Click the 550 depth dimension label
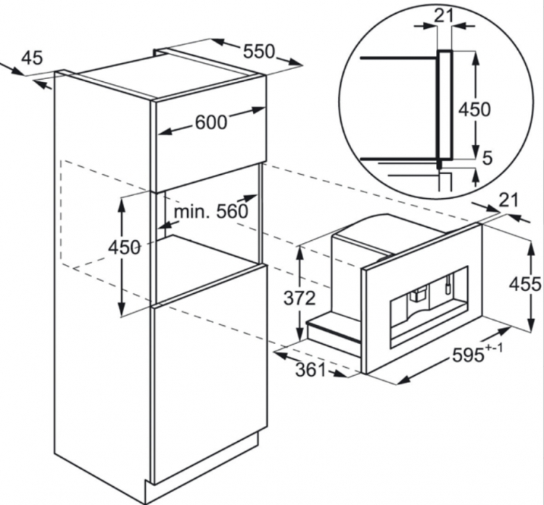pos(258,52)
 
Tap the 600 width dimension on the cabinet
pos(211,122)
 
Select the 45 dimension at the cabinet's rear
pos(32,57)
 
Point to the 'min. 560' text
pos(211,211)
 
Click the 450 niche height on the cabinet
pos(124,248)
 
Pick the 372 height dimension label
pos(300,297)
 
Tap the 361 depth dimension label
pos(311,370)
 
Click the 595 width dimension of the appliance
pos(468,355)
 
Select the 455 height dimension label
pos(525,284)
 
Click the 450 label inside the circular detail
pos(474,110)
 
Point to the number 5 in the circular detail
pos(487,158)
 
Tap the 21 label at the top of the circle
pos(445,15)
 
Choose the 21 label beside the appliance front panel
pos(508,200)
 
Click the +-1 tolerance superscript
pos(494,348)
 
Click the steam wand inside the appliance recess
pos(448,284)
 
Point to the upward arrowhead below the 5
pos(477,176)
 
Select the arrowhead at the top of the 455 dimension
pos(531,247)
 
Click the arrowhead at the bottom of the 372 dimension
pos(300,334)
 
